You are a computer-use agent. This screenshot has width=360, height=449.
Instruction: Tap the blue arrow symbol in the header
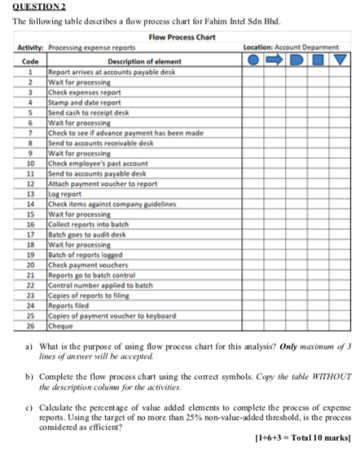(275, 59)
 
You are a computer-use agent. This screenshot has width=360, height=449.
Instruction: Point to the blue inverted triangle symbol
(338, 59)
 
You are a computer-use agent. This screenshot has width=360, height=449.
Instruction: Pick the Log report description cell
(62, 195)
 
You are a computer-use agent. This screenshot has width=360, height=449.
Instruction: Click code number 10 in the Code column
(29, 164)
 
